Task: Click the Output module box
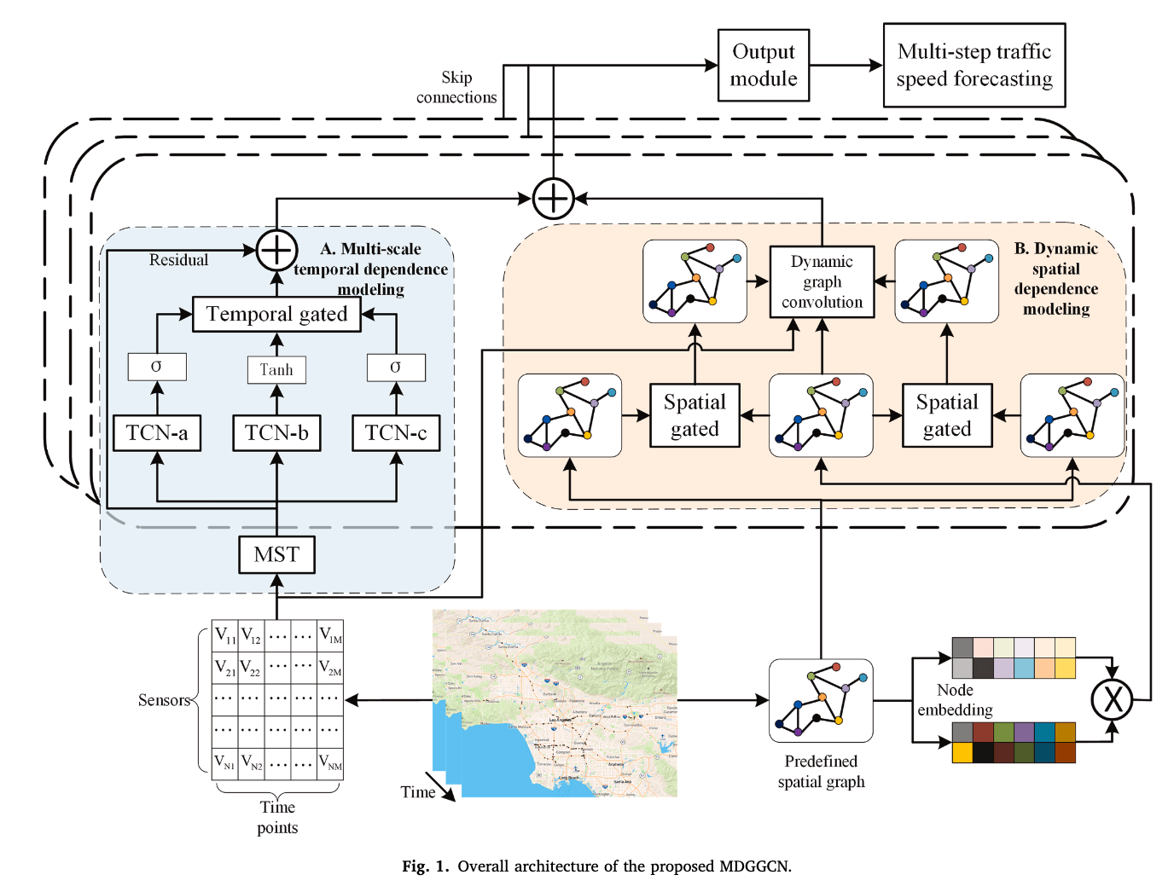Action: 764,66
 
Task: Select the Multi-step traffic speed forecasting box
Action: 973,66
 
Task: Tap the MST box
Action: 276,555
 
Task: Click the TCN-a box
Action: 157,433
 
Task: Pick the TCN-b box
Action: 276,433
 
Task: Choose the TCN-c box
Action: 396,433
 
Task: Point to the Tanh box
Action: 276,369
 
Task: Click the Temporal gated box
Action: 276,315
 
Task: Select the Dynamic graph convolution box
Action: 822,281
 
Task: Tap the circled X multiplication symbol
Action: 1113,699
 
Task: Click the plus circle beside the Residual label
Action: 276,251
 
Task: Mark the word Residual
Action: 178,260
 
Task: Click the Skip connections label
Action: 456,88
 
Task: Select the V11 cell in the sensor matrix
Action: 225,635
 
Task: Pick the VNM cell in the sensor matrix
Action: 330,762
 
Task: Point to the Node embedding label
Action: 955,700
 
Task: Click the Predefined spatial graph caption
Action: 821,772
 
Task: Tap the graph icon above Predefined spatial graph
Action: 821,700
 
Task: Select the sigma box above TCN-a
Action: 157,367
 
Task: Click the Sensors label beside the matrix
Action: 164,700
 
